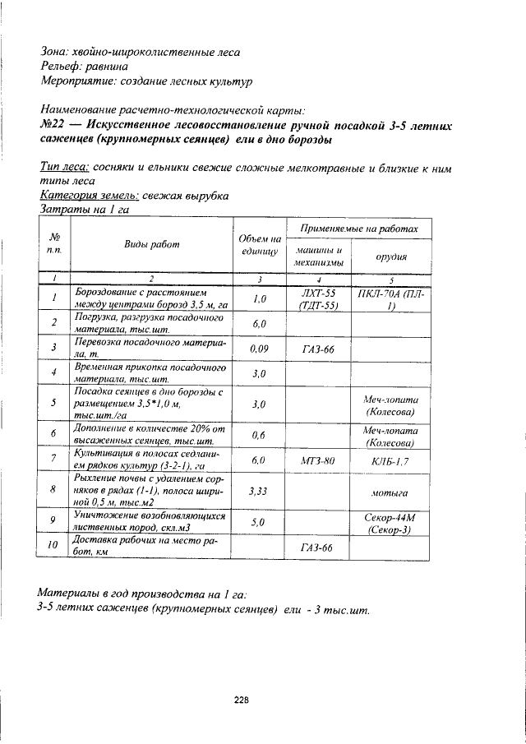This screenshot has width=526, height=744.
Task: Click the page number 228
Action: point(241,700)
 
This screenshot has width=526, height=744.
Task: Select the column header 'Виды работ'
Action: point(152,244)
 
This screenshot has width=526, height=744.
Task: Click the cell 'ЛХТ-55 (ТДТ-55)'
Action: point(319,299)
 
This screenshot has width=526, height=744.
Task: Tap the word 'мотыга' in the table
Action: point(391,492)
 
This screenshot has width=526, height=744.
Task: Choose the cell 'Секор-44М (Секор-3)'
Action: point(392,523)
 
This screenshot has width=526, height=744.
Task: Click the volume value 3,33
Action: point(260,491)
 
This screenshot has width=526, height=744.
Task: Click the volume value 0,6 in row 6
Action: point(258,433)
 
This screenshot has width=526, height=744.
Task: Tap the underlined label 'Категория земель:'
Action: point(89,196)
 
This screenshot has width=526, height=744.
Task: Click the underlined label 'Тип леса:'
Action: point(65,168)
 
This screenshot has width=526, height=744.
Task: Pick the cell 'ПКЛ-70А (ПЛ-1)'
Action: point(392,299)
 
